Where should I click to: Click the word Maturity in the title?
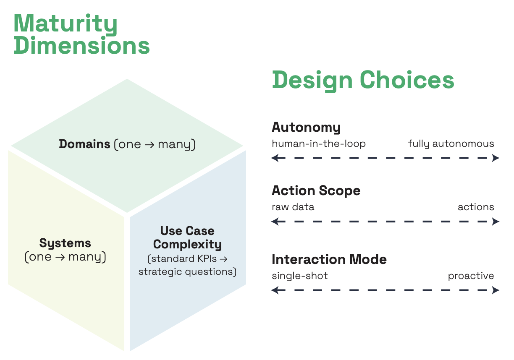[x=66, y=24]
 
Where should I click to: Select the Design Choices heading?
[x=363, y=80]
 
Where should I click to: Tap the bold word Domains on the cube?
[x=84, y=144]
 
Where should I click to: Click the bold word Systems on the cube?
[x=65, y=243]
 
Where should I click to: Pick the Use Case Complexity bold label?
[x=187, y=237]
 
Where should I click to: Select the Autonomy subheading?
[x=306, y=127]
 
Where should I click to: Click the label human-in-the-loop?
[x=319, y=144]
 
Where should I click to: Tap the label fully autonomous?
[x=451, y=144]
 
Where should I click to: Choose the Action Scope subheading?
[x=316, y=191]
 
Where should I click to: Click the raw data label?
[x=293, y=207]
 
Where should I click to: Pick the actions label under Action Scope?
[x=476, y=207]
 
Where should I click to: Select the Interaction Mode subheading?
[x=329, y=259]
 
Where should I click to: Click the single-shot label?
[x=299, y=276]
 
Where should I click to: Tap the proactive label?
[x=471, y=276]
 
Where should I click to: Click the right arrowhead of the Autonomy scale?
[x=496, y=158]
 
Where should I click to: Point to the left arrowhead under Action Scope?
[x=275, y=222]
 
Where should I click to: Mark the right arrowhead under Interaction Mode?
[x=496, y=290]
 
